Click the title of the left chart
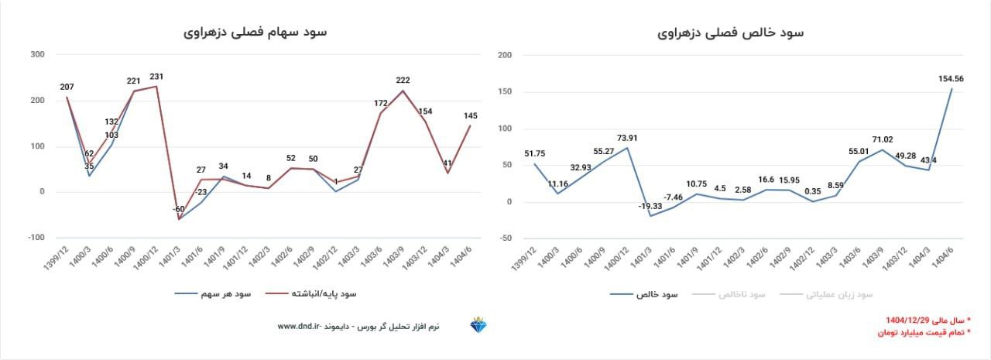[255, 33]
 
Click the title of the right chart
[731, 33]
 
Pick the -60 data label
[179, 210]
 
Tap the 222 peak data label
[403, 80]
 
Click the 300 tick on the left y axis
[37, 55]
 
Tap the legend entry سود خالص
[643, 295]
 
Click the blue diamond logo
[478, 326]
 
